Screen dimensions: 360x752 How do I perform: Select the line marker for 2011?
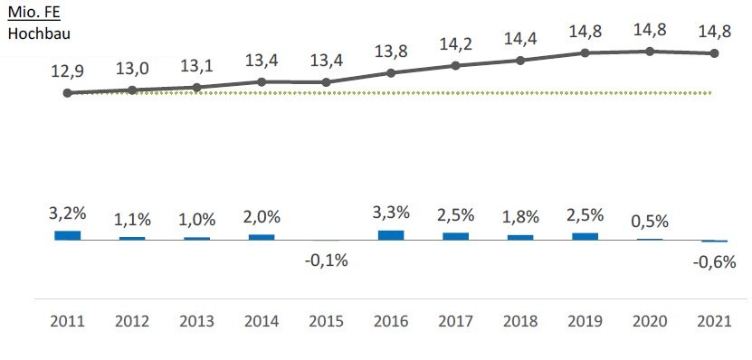coord(68,92)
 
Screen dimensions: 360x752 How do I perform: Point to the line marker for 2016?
coord(391,72)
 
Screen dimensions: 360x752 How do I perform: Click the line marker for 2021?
coord(715,53)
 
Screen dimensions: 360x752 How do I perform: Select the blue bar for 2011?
coord(68,235)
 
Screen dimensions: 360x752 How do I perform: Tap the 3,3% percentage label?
coord(391,213)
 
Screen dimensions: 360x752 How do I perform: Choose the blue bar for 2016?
coord(391,235)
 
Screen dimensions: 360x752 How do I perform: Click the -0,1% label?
coord(326,261)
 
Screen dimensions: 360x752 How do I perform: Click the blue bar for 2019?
coord(585,236)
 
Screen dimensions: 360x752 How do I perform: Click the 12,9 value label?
coord(68,71)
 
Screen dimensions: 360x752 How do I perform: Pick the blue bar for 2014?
coord(262,237)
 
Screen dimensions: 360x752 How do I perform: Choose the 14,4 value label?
coord(520,40)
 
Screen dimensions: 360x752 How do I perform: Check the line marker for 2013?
coord(196,87)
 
